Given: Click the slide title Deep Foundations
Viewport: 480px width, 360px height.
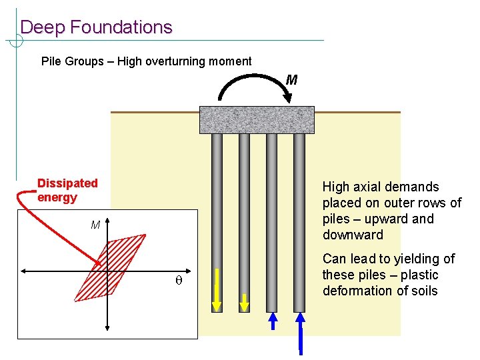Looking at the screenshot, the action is click(x=96, y=27).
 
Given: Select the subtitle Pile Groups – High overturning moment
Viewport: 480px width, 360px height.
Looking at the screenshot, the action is click(x=147, y=61).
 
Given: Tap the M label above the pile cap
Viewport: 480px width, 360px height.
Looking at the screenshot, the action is click(x=291, y=81).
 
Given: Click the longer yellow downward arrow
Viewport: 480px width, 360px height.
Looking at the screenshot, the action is click(x=217, y=289).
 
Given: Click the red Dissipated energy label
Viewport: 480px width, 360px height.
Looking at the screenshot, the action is click(x=67, y=190).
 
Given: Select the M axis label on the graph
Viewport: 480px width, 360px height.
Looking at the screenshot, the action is click(x=95, y=225).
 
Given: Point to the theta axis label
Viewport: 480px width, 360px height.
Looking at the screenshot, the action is click(x=178, y=281).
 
